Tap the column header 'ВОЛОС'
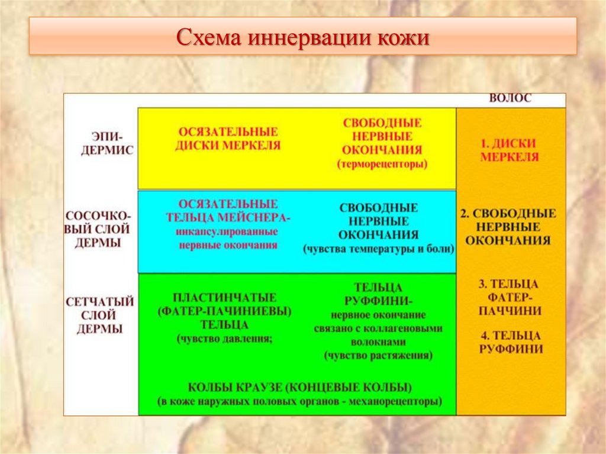click(x=510, y=99)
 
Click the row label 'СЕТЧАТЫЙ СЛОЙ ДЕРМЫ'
click(x=99, y=315)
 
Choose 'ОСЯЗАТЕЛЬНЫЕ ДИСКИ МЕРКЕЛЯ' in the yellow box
click(x=227, y=138)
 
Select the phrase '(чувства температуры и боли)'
click(x=379, y=249)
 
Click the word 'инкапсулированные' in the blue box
click(x=227, y=231)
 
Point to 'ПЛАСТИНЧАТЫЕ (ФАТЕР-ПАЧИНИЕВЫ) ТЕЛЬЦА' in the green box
click(x=225, y=311)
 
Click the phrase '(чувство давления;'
click(x=224, y=339)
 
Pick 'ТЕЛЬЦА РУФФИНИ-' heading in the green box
click(x=379, y=294)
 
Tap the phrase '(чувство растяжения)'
click(x=378, y=356)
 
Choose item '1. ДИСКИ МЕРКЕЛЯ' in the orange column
click(x=510, y=150)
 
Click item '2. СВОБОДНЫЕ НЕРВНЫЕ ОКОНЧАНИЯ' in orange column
click(x=508, y=227)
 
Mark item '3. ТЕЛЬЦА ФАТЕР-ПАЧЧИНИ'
click(x=510, y=297)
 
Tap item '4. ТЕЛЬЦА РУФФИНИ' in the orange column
click(x=510, y=342)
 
